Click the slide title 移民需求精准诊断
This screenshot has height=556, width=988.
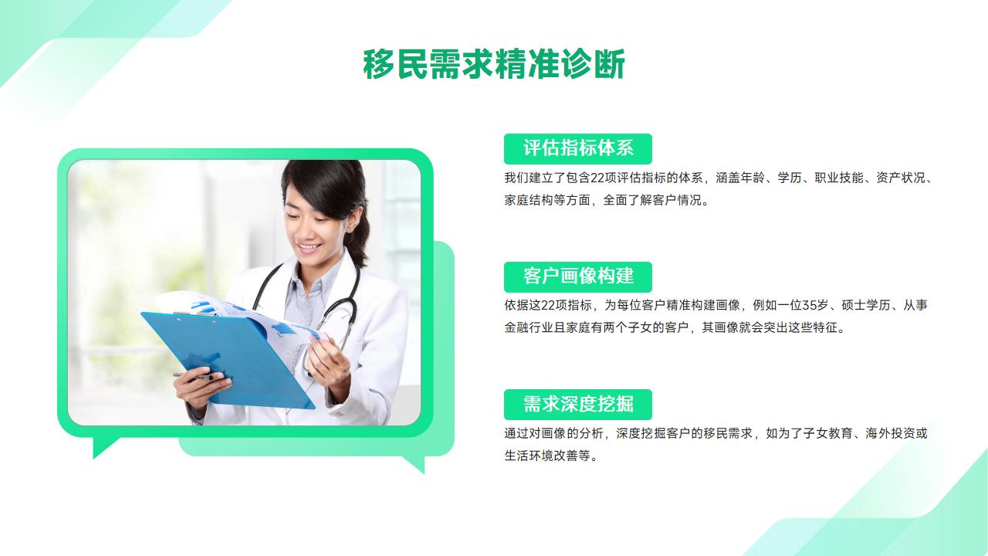coord(494,64)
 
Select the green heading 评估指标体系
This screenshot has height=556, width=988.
coord(578,148)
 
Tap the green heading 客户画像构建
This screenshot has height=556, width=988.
coord(578,276)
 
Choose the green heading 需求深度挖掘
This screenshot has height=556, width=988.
coord(578,404)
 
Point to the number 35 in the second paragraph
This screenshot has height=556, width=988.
coord(809,305)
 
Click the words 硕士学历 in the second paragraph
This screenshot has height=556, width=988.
coord(866,305)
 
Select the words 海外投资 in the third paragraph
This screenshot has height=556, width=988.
coord(890,433)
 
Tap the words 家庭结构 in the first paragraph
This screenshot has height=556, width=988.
coord(529,200)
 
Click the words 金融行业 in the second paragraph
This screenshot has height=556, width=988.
coord(529,327)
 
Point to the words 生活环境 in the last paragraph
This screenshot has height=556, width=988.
coord(529,456)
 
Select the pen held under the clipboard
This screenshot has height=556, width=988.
coord(194,376)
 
